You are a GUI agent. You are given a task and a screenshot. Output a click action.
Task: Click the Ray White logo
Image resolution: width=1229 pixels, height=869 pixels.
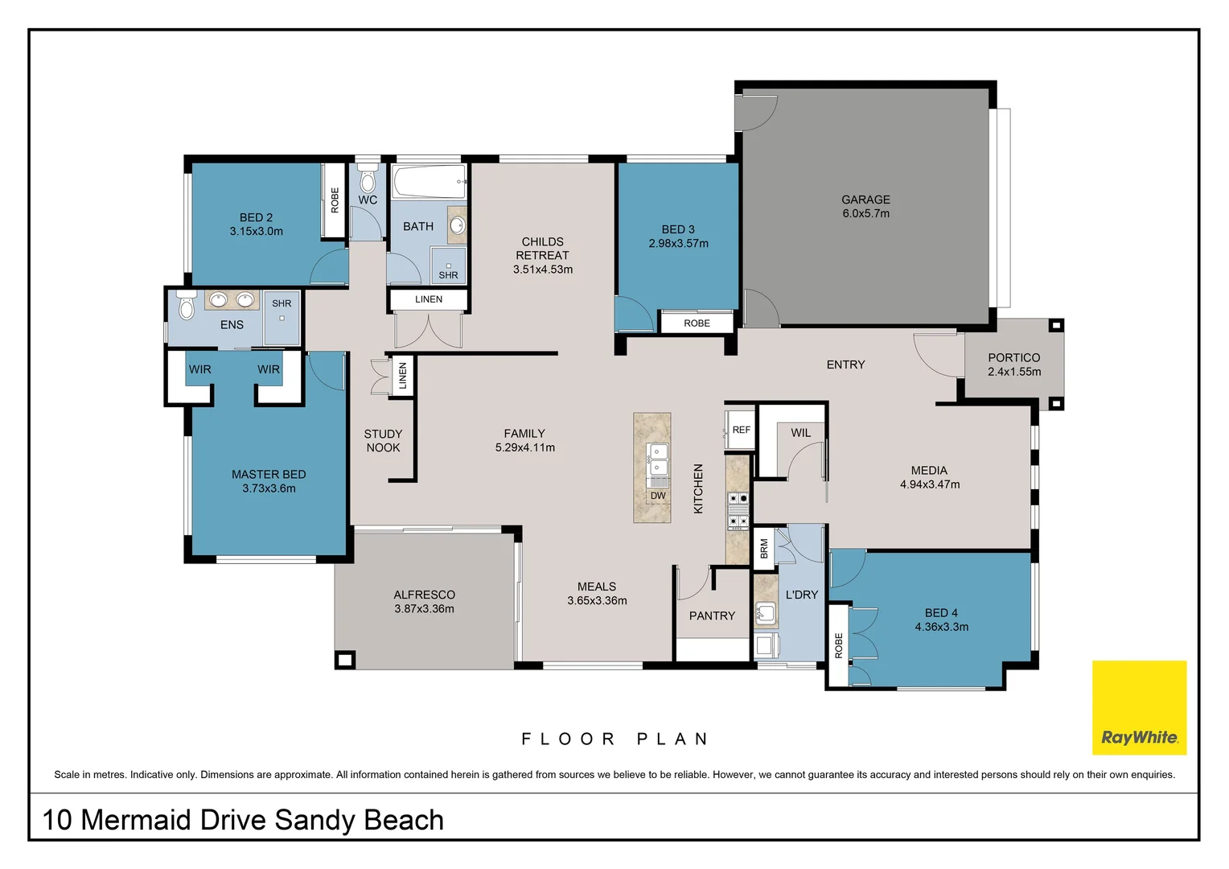[1139, 708]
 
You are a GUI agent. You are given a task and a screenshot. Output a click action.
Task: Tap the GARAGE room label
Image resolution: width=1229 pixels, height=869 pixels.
[865, 200]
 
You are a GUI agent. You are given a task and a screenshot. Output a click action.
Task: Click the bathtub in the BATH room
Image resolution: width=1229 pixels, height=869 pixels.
[429, 182]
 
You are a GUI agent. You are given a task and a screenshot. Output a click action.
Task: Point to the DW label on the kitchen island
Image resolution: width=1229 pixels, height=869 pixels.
[658, 496]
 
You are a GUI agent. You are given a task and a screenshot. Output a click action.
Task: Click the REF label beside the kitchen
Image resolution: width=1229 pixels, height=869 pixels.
[741, 430]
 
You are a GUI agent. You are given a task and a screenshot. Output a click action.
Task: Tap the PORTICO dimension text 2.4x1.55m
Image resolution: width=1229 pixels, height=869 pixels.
[1013, 372]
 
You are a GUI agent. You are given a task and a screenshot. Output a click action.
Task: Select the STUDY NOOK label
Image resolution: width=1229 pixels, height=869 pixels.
[383, 441]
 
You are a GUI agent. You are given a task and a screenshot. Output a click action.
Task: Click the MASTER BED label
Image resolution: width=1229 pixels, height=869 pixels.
[269, 475]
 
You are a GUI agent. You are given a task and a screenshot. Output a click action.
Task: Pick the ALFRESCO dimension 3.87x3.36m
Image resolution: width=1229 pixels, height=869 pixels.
[424, 609]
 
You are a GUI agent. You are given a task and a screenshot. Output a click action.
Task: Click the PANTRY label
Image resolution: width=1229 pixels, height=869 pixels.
[712, 616]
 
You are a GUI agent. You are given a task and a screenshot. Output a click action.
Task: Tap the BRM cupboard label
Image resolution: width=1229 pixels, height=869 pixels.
[763, 549]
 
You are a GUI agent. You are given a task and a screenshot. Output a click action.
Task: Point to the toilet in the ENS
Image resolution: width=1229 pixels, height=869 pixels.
[187, 306]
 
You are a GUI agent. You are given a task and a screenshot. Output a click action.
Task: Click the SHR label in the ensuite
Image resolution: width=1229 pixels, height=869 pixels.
[282, 303]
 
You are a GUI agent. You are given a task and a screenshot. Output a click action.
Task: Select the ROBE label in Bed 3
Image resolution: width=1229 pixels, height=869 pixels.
[697, 323]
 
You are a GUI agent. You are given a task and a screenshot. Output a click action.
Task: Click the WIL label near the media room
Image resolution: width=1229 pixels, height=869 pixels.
[800, 433]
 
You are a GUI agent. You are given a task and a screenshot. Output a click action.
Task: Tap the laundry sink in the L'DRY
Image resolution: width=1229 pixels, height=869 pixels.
[766, 614]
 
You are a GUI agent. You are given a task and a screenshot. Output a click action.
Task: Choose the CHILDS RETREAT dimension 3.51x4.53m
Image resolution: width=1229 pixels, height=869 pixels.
[543, 270]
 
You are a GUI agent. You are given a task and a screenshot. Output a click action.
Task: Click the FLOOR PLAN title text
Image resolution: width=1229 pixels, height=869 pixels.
[614, 739]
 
